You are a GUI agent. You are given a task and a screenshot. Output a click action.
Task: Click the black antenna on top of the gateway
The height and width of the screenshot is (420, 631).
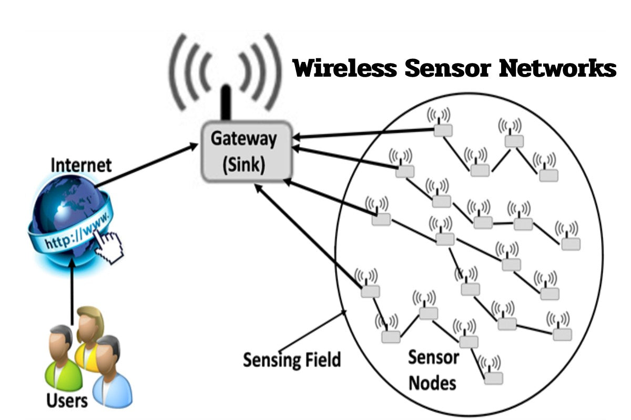227,102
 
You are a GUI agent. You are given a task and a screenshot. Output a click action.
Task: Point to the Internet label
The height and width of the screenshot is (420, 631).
81,165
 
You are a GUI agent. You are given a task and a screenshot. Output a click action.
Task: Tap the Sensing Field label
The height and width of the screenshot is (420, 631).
292,360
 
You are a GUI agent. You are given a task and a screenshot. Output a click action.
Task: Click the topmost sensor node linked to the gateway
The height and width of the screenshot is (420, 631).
443,130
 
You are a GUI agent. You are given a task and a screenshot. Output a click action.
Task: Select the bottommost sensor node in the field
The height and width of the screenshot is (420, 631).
493,377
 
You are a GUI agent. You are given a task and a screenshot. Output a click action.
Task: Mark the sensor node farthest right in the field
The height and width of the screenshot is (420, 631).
571,243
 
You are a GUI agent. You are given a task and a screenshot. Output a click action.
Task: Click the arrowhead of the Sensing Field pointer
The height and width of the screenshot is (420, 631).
344,313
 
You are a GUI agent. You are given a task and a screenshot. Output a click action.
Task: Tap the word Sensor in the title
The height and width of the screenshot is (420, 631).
440,68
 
